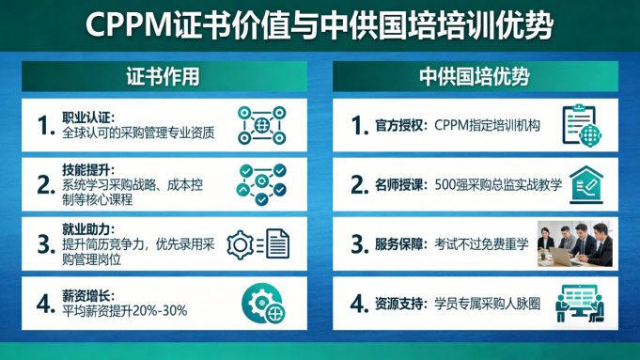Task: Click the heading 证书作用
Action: tap(163, 76)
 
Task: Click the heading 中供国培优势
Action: tap(475, 76)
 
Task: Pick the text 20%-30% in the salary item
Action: tap(160, 310)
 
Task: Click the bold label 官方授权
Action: tap(398, 125)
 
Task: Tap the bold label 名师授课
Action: tap(398, 185)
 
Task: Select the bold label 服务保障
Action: tap(398, 244)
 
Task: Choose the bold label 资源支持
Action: tap(398, 304)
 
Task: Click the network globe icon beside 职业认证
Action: tap(261, 125)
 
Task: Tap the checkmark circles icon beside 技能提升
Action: tap(261, 184)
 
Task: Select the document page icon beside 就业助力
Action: tap(277, 243)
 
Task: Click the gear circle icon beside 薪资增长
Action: tap(263, 304)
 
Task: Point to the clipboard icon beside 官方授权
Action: tap(581, 125)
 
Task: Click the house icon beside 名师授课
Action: tap(586, 184)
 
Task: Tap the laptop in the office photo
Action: tap(560, 257)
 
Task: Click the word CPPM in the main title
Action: tap(130, 24)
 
